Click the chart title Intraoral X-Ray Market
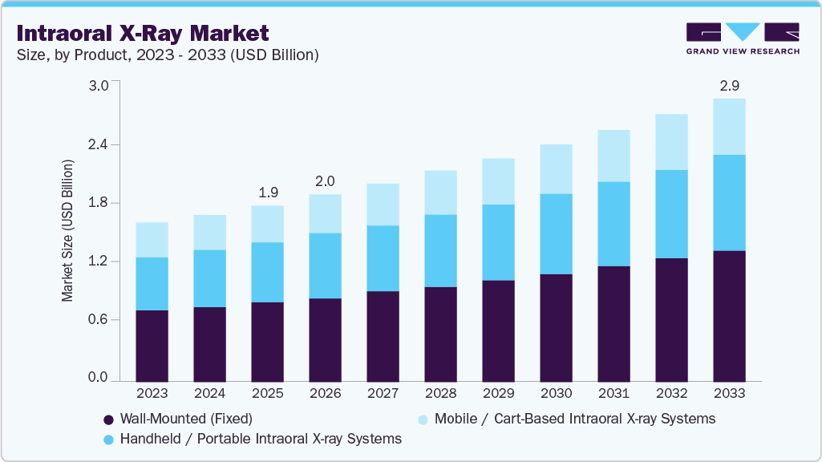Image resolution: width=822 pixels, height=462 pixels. [x=142, y=33]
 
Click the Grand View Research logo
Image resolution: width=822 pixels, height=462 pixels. [x=743, y=38]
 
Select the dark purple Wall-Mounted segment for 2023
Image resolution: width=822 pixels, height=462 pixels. [x=152, y=345]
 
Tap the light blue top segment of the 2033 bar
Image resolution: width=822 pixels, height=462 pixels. [x=729, y=127]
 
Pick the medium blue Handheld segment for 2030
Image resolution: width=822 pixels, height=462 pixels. [x=556, y=233]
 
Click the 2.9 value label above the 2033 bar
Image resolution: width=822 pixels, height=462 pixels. [x=729, y=85]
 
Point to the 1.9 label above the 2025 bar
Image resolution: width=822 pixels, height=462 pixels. [x=267, y=192]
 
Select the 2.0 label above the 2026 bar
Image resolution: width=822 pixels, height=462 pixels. [x=325, y=181]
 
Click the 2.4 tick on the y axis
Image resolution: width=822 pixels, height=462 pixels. [x=98, y=144]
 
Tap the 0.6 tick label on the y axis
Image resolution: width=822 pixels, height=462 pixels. [x=98, y=319]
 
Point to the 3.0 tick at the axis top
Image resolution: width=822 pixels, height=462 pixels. [x=98, y=87]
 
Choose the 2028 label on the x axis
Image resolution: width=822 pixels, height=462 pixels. [x=440, y=394]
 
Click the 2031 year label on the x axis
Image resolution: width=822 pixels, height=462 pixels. [x=613, y=394]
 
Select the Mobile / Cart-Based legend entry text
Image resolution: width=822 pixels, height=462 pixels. [x=574, y=419]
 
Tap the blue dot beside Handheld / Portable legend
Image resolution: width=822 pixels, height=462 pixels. [x=108, y=440]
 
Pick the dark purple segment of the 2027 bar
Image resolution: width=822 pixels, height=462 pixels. [x=383, y=335]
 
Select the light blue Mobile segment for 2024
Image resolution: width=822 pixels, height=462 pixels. [x=209, y=233]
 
